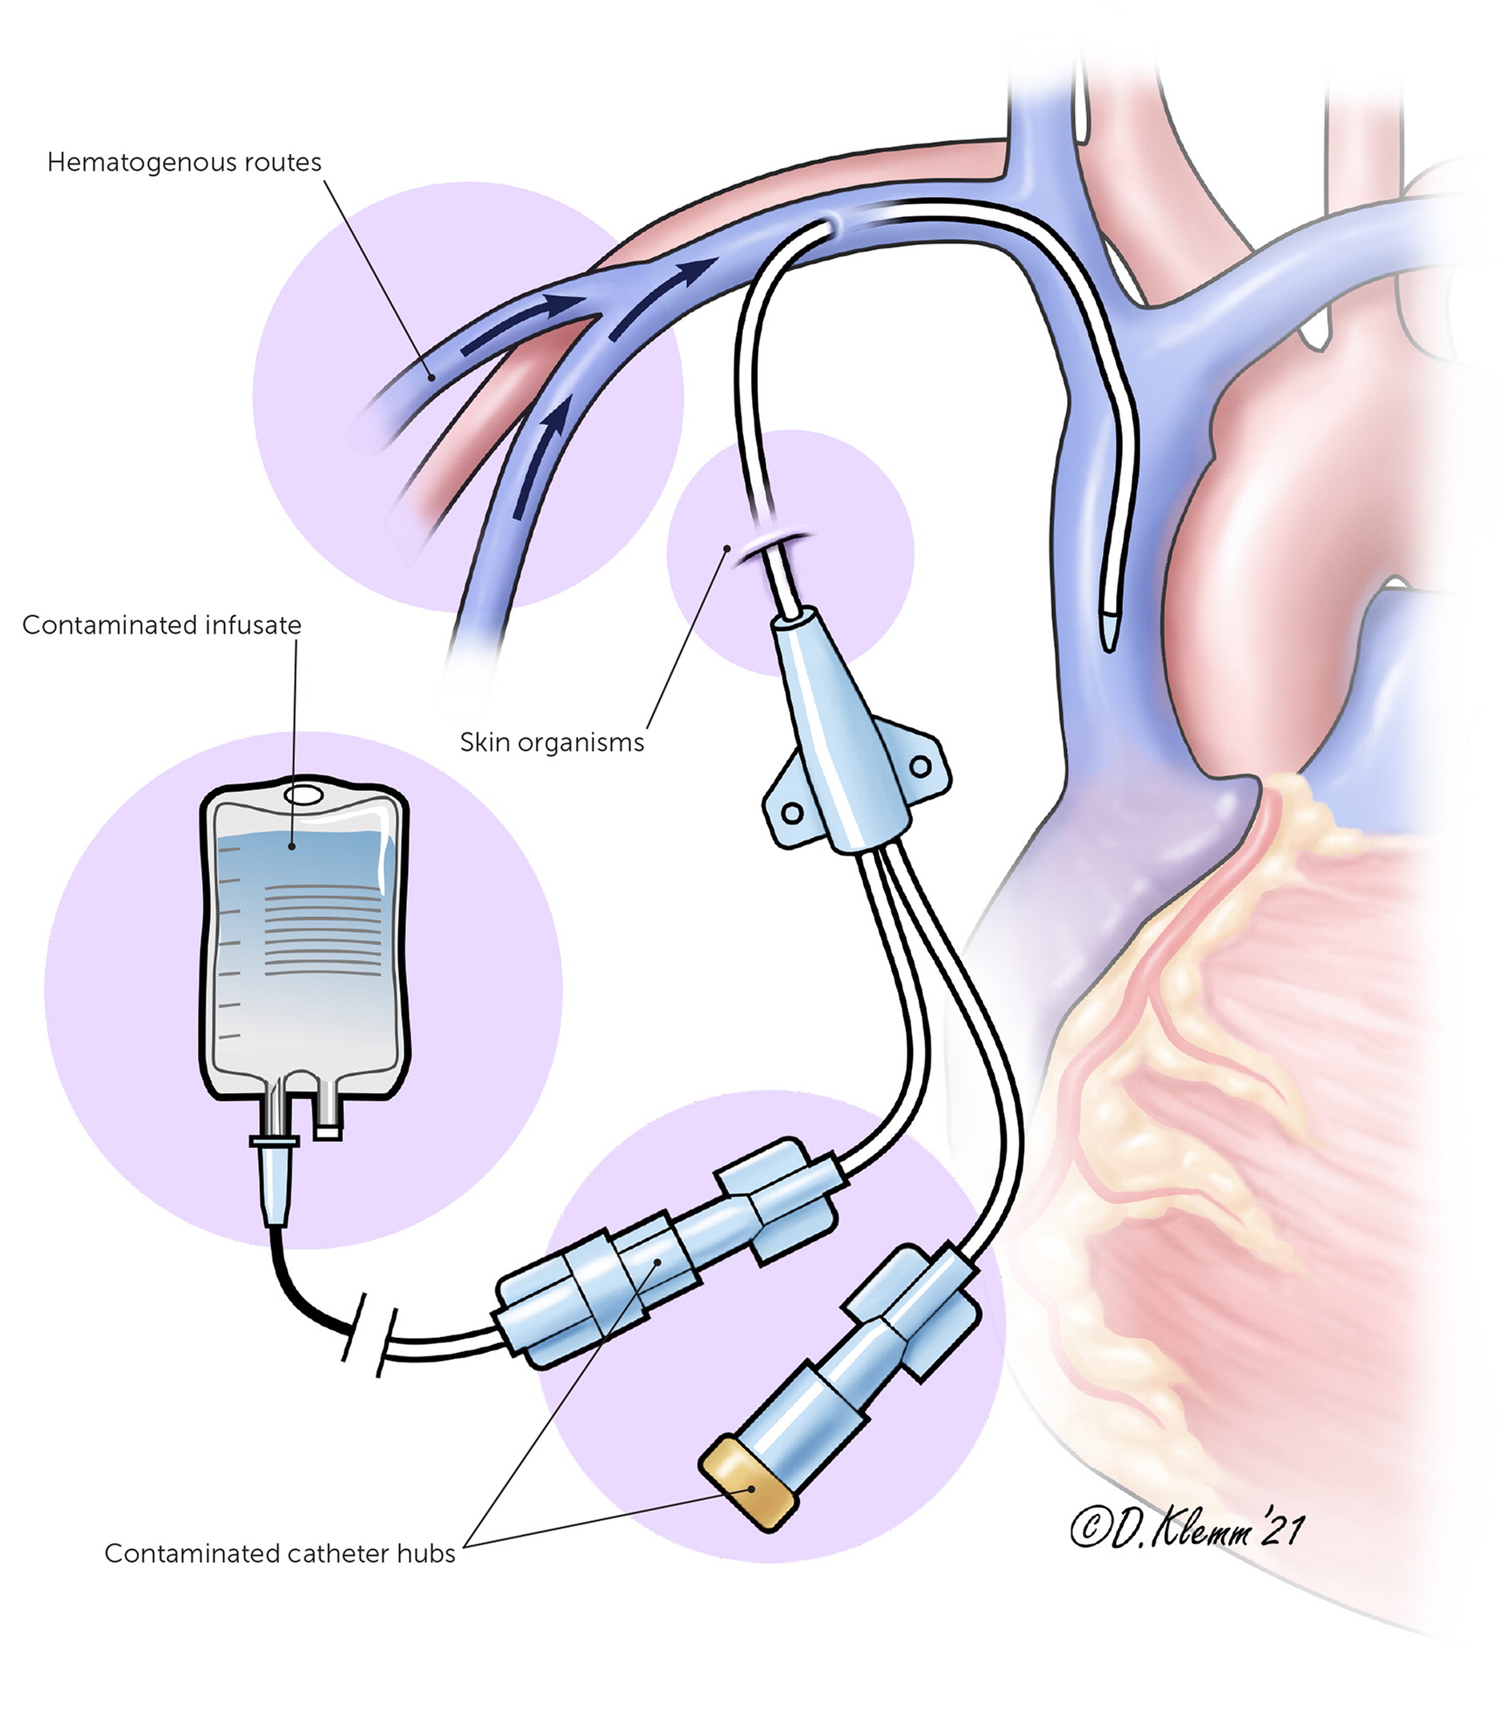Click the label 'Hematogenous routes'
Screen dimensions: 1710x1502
pyautogui.click(x=184, y=163)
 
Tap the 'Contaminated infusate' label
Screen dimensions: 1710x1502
pyautogui.click(x=161, y=625)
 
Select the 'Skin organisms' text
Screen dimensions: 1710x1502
pyautogui.click(x=551, y=743)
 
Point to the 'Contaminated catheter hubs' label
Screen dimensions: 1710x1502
pyautogui.click(x=279, y=1553)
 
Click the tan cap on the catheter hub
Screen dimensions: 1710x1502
pyautogui.click(x=747, y=1483)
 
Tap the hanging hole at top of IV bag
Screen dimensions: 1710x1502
pyautogui.click(x=303, y=795)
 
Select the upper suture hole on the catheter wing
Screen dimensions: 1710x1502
pyautogui.click(x=920, y=767)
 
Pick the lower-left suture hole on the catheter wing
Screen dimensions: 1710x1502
pyautogui.click(x=792, y=812)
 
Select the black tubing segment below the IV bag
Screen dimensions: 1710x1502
pyautogui.click(x=298, y=1286)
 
